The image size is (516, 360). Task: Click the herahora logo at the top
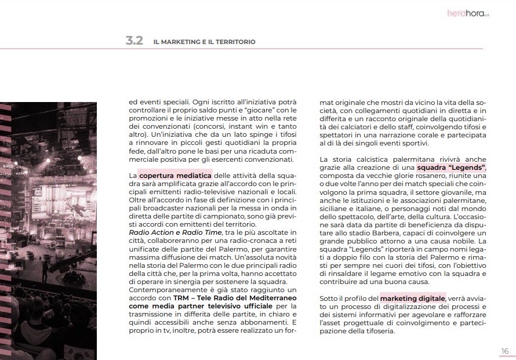pos(468,12)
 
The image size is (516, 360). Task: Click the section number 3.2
pos(134,41)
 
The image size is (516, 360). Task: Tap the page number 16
pos(504,351)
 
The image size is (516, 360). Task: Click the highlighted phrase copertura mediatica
pos(175,175)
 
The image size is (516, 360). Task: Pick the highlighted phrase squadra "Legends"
pos(452,168)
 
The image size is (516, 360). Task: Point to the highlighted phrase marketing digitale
pos(413,298)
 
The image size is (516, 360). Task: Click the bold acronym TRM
pos(181,298)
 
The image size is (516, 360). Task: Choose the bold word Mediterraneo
pos(268,298)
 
